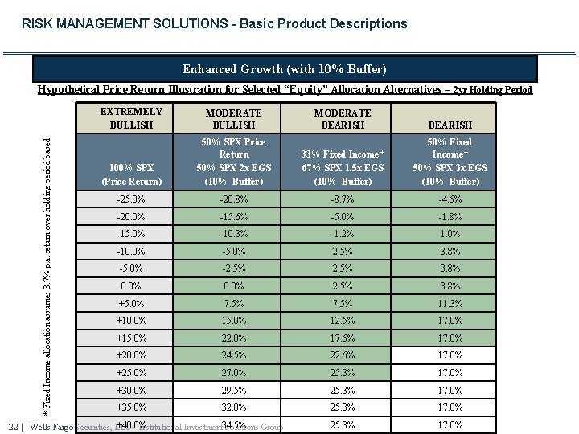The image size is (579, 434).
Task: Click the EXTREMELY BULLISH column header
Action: (x=131, y=118)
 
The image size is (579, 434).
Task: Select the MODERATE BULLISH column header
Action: (x=233, y=119)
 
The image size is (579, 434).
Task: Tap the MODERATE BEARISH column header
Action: (x=343, y=119)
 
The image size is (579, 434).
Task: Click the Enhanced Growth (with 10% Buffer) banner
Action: (x=284, y=69)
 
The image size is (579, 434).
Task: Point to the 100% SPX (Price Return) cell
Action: (x=131, y=174)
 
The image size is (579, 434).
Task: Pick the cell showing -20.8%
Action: (x=233, y=199)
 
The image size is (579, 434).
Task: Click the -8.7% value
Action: (x=343, y=199)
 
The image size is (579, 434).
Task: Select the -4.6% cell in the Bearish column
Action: (x=450, y=199)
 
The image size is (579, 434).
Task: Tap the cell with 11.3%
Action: (x=450, y=303)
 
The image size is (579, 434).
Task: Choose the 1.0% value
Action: (x=450, y=234)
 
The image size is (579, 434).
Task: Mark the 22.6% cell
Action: (x=343, y=355)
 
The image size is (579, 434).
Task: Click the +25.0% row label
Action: (x=131, y=373)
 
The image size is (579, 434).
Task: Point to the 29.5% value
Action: (x=233, y=390)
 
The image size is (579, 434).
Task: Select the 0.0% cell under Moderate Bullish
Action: (x=233, y=286)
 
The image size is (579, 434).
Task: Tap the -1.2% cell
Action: (x=343, y=234)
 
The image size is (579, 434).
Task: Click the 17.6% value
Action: (x=343, y=338)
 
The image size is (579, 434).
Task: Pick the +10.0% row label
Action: (x=131, y=321)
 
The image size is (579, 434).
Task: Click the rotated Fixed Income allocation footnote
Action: (x=47, y=264)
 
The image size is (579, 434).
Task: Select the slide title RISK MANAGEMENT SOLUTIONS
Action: (x=214, y=23)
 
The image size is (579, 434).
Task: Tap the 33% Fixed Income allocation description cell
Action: (x=343, y=167)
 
